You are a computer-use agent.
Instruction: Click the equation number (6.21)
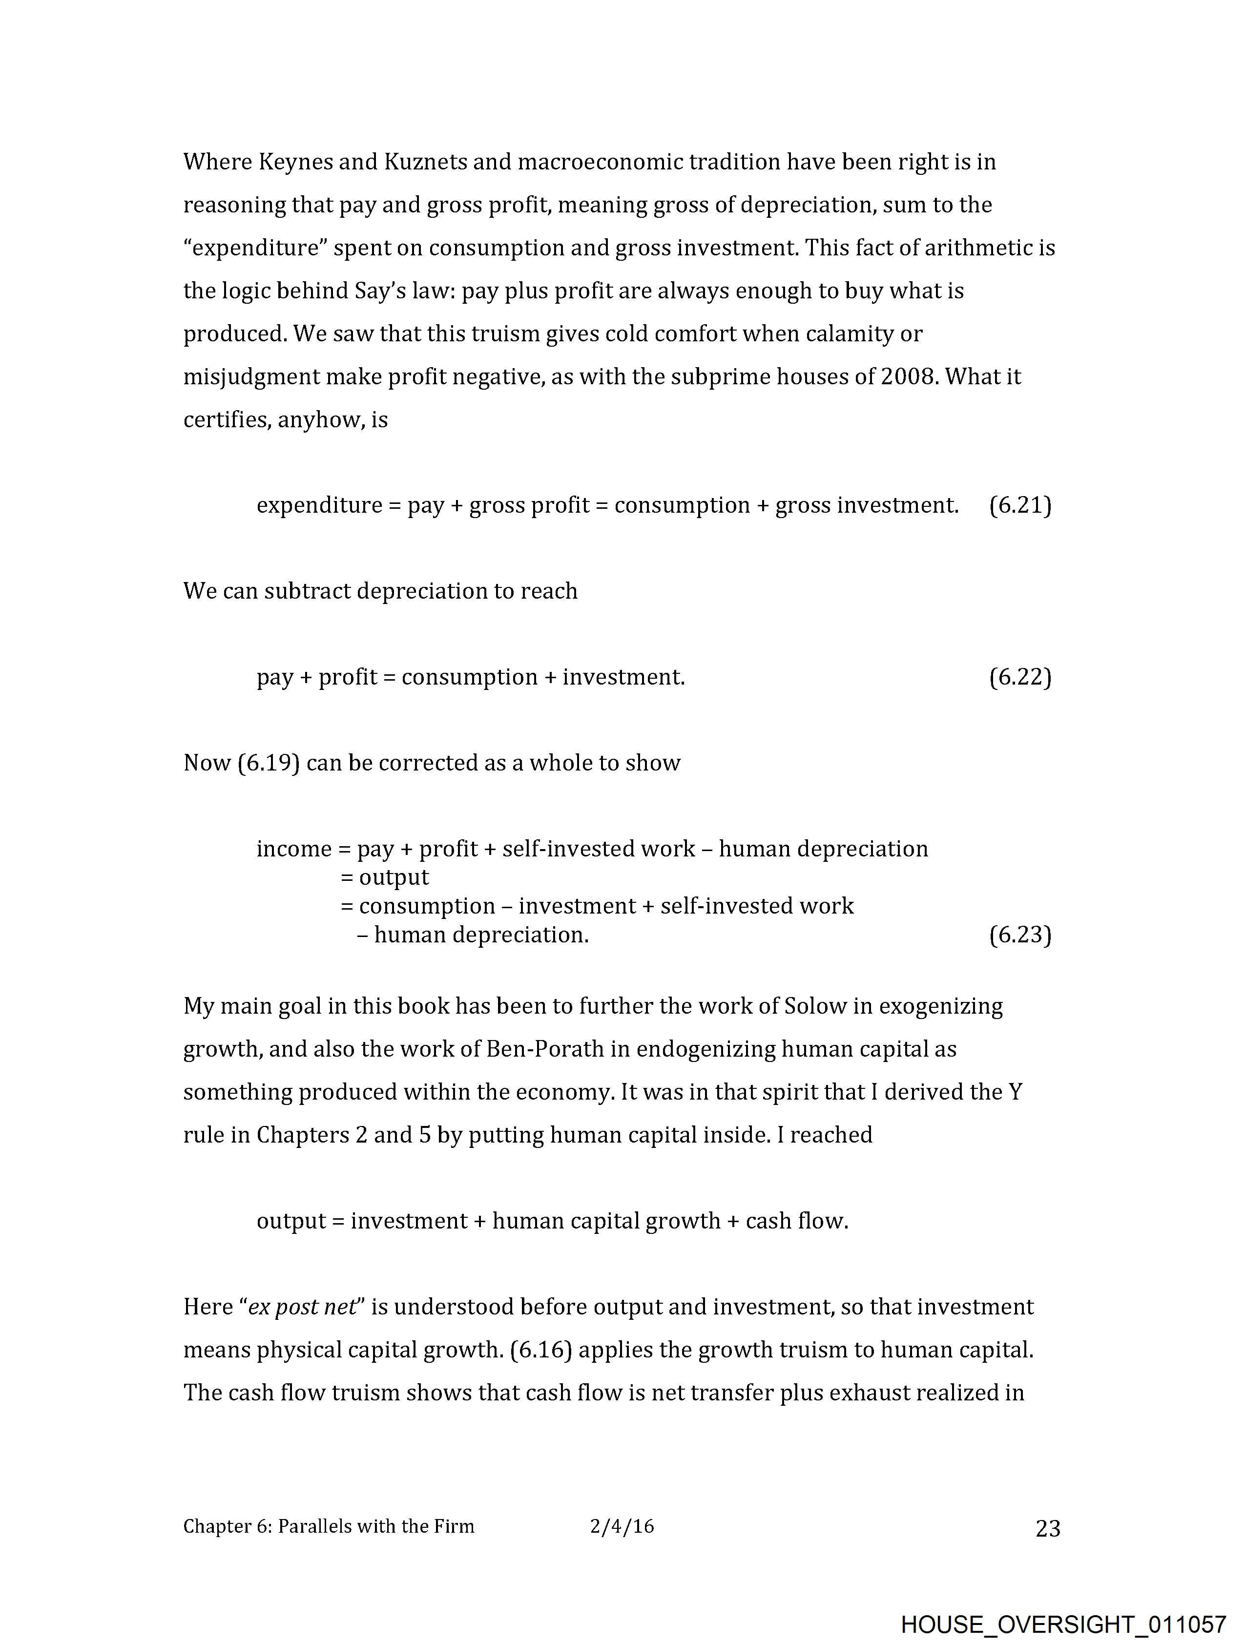click(1019, 506)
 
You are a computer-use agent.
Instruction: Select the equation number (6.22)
click(1019, 678)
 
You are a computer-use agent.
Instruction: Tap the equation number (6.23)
click(1019, 935)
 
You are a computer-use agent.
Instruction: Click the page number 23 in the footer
click(1047, 1528)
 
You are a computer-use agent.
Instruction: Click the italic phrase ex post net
click(302, 1307)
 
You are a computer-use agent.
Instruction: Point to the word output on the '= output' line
click(394, 877)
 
